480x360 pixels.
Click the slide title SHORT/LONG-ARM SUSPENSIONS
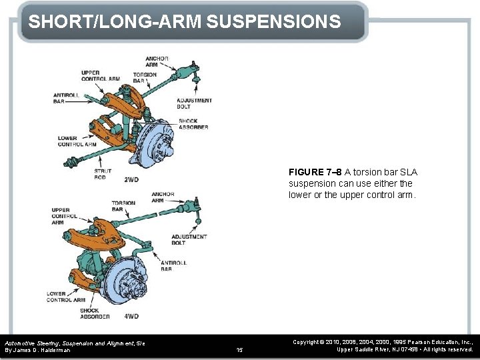pyautogui.click(x=185, y=21)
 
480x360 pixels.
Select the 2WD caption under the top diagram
pyautogui.click(x=131, y=179)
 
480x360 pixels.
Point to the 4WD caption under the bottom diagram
pyautogui.click(x=131, y=316)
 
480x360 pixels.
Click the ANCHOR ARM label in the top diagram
pyautogui.click(x=157, y=61)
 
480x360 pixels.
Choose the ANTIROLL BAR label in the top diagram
pyautogui.click(x=67, y=99)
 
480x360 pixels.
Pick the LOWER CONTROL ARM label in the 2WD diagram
pyautogui.click(x=77, y=141)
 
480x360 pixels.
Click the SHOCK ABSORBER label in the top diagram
pyautogui.click(x=193, y=124)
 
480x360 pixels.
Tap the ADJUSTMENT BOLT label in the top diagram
pyautogui.click(x=195, y=103)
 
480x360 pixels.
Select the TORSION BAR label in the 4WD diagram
pyautogui.click(x=123, y=206)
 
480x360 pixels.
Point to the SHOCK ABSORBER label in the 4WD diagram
pyautogui.click(x=89, y=313)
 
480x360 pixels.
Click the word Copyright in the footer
pyautogui.click(x=307, y=341)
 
